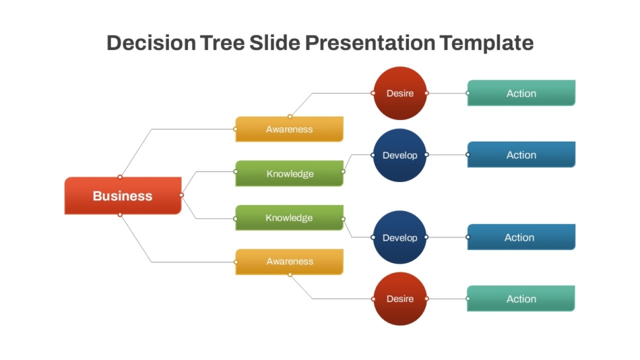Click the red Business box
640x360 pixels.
coord(123,196)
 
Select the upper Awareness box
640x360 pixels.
coord(290,129)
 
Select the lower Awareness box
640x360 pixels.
coord(290,262)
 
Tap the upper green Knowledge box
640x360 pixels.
coord(290,173)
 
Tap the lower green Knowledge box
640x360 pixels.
coord(290,217)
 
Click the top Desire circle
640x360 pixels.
coord(400,93)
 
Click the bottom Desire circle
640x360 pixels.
coord(400,299)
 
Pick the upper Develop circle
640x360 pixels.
coord(400,155)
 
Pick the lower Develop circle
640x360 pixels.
coord(400,237)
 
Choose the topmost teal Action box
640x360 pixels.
coord(521,93)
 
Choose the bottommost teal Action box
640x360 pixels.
coord(521,299)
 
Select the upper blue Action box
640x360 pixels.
coord(521,155)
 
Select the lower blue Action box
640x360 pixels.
coord(521,237)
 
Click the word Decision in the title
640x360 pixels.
coord(151,43)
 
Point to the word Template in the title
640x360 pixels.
coord(486,43)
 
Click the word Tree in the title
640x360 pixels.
coord(222,43)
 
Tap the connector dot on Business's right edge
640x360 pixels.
coord(182,196)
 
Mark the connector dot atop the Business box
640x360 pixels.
coord(120,177)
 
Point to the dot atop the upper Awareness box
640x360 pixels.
coord(290,117)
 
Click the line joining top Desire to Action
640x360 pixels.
coord(447,93)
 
